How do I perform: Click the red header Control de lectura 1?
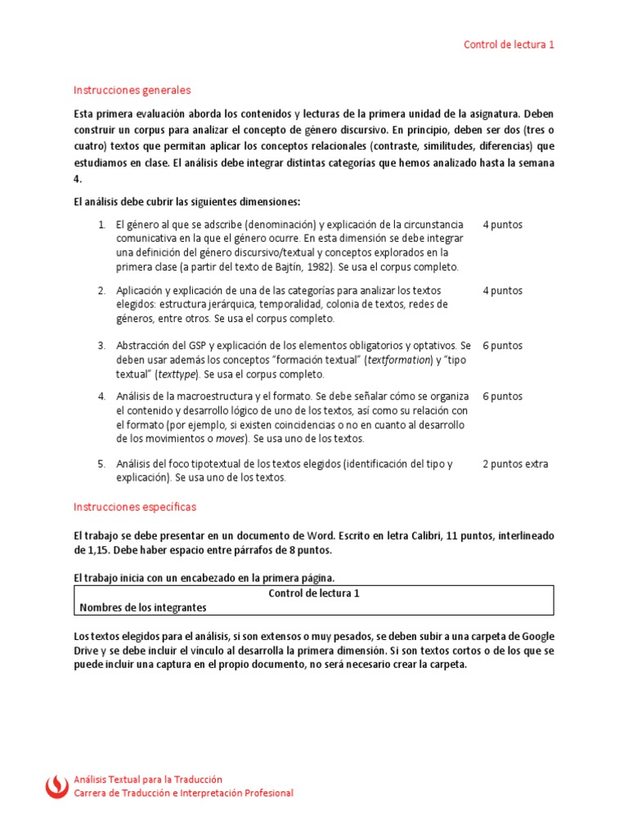click(509, 45)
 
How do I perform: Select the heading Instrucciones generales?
click(132, 90)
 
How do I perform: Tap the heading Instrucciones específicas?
click(135, 507)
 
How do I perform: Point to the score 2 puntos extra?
click(515, 464)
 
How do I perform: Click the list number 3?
click(101, 346)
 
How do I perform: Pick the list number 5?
click(101, 464)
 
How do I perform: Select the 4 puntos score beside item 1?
click(502, 224)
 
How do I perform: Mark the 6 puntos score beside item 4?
click(502, 396)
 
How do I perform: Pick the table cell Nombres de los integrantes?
click(143, 607)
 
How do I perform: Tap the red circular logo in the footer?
click(56, 786)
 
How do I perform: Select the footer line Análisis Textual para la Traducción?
click(148, 780)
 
